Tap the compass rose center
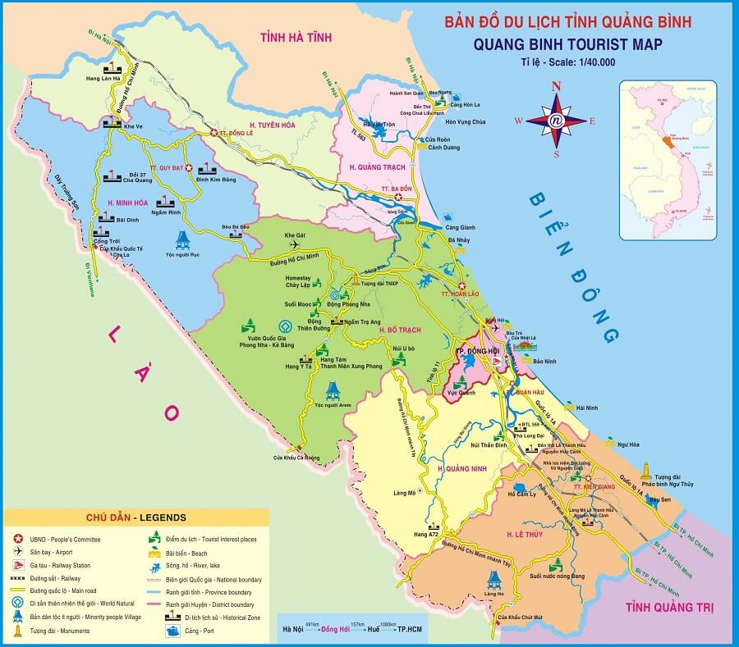click(556, 120)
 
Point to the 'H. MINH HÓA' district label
click(127, 202)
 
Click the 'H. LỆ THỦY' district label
click(526, 535)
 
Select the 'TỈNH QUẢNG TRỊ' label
click(668, 608)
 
